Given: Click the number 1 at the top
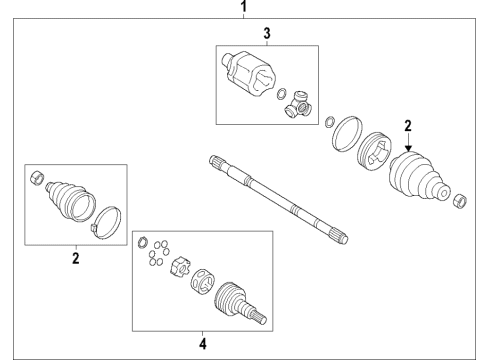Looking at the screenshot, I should click(241, 7).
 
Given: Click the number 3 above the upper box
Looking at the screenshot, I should click(266, 34).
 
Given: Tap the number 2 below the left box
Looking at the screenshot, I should click(75, 257).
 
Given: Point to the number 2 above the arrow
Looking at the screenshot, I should click(408, 126).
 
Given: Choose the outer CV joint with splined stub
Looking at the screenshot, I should click(239, 299).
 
